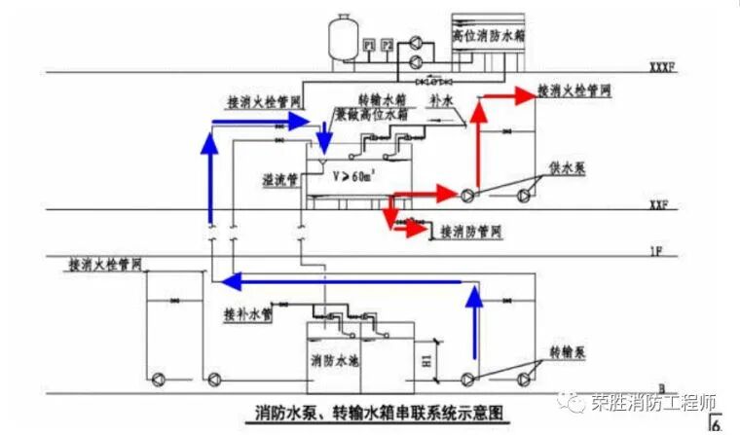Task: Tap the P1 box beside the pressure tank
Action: point(369,45)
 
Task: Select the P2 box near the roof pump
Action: point(388,45)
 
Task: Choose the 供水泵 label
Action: point(565,167)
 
